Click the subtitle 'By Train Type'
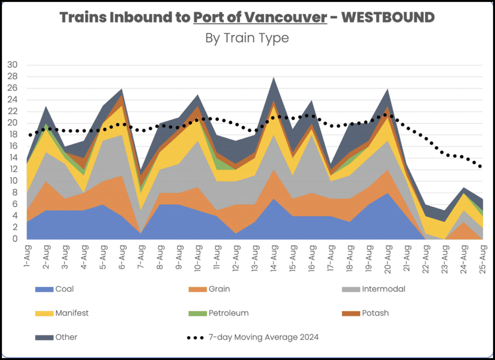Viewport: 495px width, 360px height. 247,38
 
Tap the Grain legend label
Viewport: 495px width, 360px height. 219,289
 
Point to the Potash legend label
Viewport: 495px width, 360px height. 375,313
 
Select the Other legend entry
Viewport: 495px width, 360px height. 67,337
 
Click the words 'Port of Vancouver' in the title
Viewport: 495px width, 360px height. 260,17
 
